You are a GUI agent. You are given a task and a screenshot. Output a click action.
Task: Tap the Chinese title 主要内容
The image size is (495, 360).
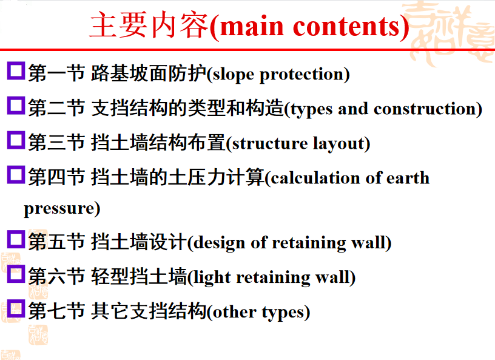tap(149, 25)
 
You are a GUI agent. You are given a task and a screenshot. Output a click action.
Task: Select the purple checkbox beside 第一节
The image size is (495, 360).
tap(16, 70)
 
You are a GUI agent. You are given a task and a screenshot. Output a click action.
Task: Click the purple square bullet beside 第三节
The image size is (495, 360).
tap(16, 140)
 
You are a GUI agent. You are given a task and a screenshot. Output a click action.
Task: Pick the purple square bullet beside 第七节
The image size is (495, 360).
tap(16, 308)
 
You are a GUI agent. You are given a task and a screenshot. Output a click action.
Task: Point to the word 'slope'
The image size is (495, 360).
tap(233, 75)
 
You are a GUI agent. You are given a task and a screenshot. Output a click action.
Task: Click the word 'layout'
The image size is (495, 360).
tap(338, 144)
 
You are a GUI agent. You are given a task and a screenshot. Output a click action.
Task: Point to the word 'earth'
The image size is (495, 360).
tap(408, 178)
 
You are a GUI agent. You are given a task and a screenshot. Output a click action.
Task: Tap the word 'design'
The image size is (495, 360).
tap(219, 243)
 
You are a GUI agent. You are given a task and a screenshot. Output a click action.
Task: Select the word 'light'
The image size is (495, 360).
tap(212, 278)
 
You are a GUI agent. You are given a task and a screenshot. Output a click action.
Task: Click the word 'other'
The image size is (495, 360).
tap(234, 312)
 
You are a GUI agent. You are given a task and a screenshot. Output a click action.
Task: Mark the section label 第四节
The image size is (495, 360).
tap(56, 177)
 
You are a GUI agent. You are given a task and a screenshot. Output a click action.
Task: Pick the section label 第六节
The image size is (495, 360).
tap(56, 277)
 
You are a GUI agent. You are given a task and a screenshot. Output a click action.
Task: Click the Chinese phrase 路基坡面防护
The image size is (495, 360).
tap(149, 73)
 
